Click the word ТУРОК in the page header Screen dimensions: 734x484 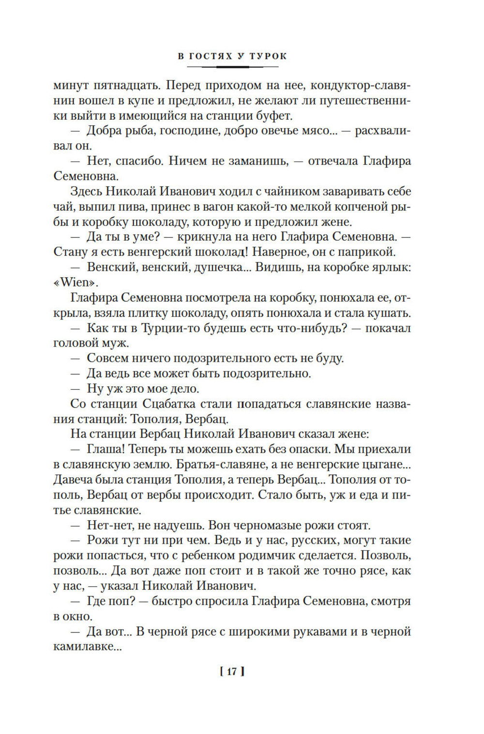pyautogui.click(x=268, y=56)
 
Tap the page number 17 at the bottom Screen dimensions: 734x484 pyautogui.click(x=232, y=672)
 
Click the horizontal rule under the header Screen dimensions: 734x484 pyautogui.click(x=232, y=66)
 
